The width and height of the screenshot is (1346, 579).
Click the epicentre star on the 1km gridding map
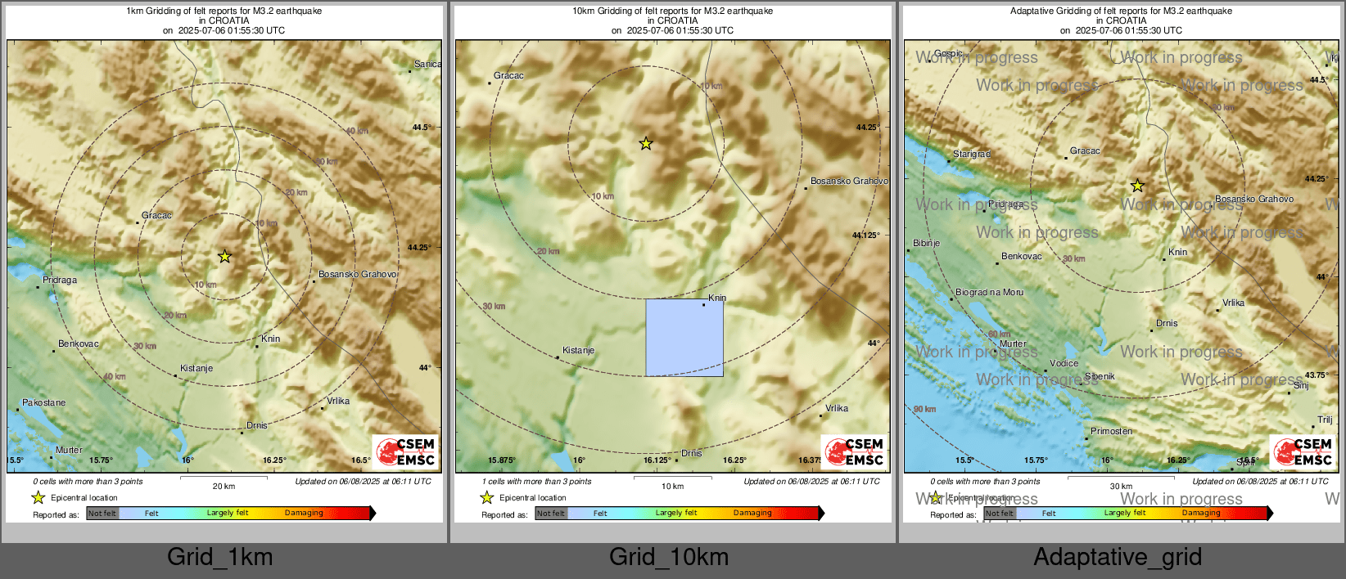click(x=224, y=257)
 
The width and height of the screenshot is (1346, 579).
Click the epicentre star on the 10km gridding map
click(x=646, y=144)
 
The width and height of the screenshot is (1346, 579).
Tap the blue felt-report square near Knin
click(x=684, y=338)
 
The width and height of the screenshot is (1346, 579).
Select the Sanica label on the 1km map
click(x=427, y=64)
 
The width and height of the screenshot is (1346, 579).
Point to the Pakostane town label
click(x=43, y=402)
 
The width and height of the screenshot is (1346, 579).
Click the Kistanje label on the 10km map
click(x=578, y=350)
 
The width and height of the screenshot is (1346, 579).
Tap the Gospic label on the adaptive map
click(x=948, y=53)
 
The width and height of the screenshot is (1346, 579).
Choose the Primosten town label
click(x=1111, y=431)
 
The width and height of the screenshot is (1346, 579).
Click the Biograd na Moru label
click(x=989, y=292)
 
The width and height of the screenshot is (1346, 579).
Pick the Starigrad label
click(x=971, y=154)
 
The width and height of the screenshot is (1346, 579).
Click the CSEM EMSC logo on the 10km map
click(x=855, y=451)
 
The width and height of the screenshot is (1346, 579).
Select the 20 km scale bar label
click(x=224, y=486)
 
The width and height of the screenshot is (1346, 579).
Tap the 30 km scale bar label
click(x=1121, y=486)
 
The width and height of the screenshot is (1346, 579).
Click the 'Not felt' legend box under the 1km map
click(x=102, y=514)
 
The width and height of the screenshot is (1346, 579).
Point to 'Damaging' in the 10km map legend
click(x=752, y=513)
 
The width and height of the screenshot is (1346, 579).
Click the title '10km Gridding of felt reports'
click(x=672, y=11)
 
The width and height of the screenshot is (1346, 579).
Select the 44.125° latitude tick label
click(x=865, y=235)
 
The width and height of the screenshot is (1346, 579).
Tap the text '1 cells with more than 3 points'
click(x=536, y=482)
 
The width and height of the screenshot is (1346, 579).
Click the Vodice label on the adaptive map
click(x=1064, y=363)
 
